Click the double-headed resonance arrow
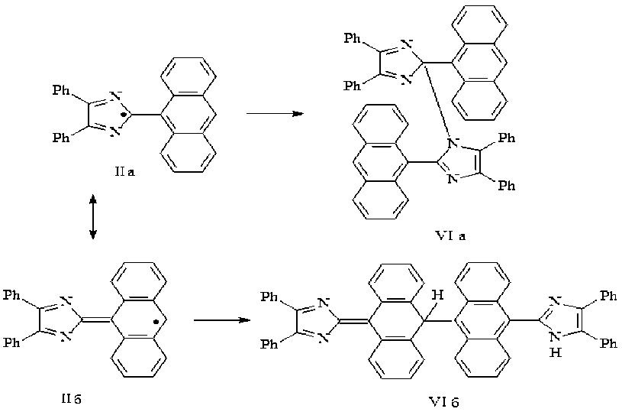point(92,217)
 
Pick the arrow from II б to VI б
point(223,320)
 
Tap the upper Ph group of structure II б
point(13,294)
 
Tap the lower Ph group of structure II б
point(13,343)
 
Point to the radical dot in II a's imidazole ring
point(131,115)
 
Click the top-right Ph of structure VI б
point(608,294)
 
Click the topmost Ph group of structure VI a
point(353,38)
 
